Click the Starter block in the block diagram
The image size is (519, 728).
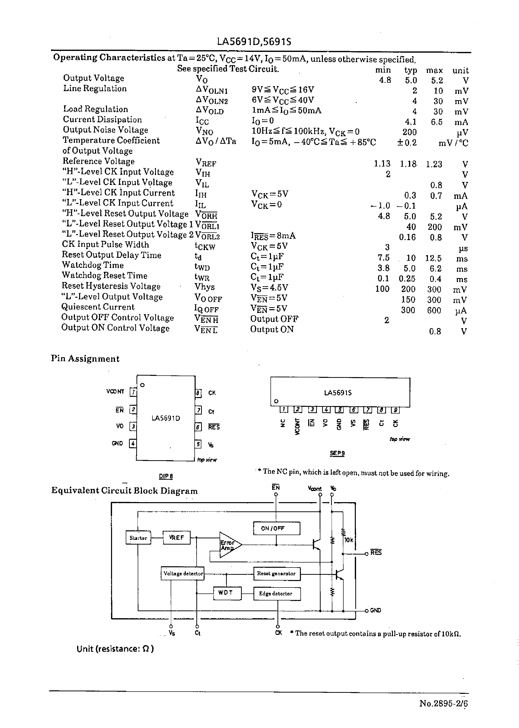click(138, 538)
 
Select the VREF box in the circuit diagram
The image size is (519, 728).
click(176, 538)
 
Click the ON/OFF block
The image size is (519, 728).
click(276, 528)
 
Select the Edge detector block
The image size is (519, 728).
click(277, 593)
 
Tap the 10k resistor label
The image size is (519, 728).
click(349, 540)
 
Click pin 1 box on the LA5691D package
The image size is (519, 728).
click(133, 392)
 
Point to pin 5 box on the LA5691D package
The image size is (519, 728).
click(198, 444)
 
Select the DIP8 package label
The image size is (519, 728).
click(166, 476)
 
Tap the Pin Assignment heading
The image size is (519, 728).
click(85, 359)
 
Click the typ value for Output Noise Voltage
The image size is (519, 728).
click(409, 132)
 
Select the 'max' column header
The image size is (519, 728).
click(434, 70)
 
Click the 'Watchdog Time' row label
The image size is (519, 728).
click(93, 265)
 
